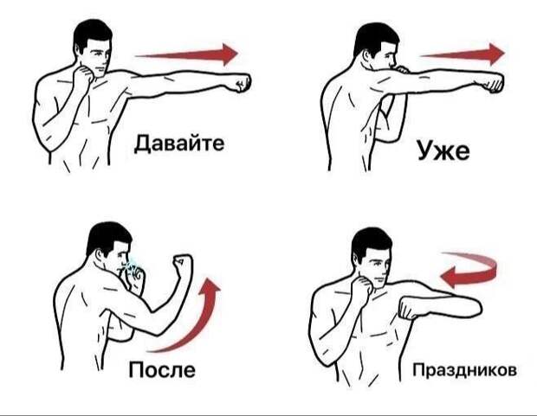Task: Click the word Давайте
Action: click(x=179, y=144)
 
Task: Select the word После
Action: click(x=162, y=369)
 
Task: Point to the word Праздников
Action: click(x=465, y=370)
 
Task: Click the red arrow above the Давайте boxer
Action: click(x=186, y=54)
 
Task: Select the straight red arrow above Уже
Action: click(x=463, y=54)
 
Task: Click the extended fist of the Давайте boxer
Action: click(x=243, y=82)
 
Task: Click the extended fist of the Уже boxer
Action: click(x=493, y=82)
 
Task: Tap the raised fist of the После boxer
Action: click(x=183, y=263)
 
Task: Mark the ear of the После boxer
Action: click(x=100, y=254)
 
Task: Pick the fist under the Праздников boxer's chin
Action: click(x=362, y=287)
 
